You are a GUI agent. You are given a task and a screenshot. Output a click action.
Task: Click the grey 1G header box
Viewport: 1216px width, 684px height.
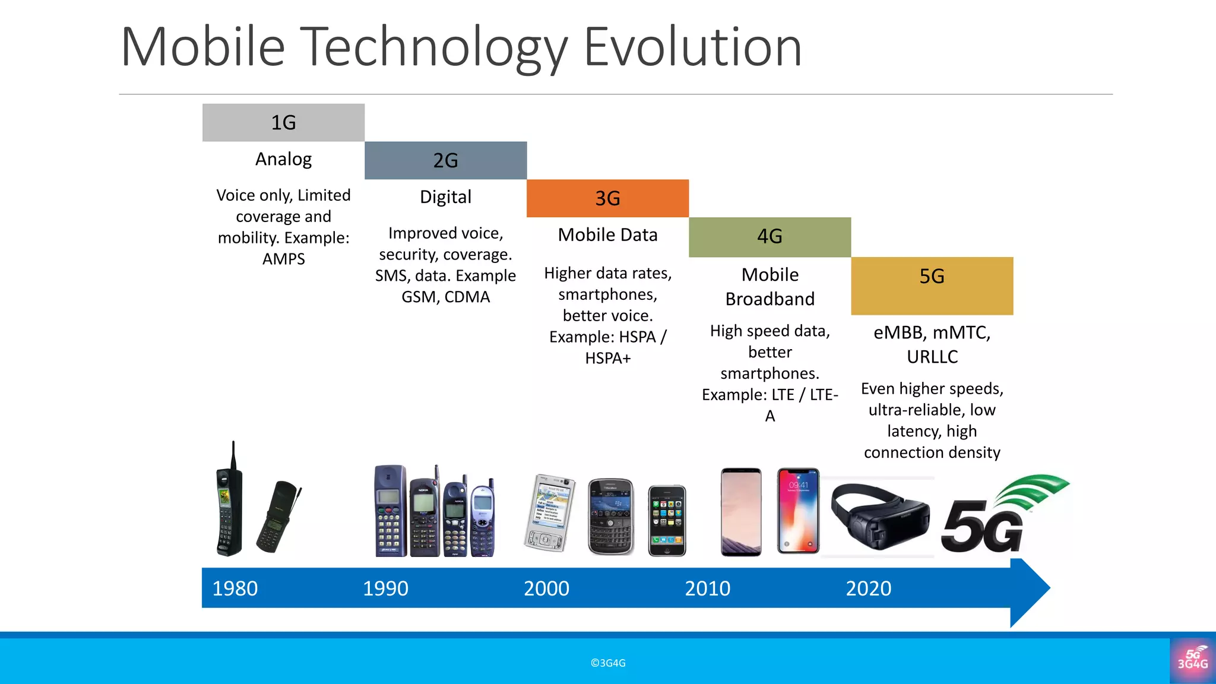tap(283, 122)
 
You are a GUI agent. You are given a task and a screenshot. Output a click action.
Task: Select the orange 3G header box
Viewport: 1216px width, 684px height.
tap(607, 198)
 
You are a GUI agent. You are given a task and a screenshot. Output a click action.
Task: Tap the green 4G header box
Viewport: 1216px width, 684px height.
tap(769, 236)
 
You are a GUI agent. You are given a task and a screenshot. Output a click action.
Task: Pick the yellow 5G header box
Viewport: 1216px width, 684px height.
tap(932, 285)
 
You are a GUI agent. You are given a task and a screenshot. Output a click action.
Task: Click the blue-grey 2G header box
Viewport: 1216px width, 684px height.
tap(445, 160)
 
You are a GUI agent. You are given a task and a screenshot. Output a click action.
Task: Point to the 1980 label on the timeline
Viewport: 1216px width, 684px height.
tap(235, 588)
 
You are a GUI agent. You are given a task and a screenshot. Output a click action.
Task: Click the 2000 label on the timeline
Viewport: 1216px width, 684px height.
tap(546, 588)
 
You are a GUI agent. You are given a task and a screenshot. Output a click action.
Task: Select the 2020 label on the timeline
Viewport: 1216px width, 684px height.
tap(868, 588)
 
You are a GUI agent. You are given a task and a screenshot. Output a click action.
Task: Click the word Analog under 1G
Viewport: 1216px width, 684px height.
tap(283, 159)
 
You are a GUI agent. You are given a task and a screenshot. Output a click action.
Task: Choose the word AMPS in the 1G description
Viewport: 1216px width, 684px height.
tap(283, 259)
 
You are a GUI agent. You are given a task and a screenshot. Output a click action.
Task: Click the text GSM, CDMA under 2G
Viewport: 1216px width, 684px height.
tap(445, 297)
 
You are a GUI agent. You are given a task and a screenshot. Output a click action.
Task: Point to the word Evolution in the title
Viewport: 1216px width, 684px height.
tap(692, 47)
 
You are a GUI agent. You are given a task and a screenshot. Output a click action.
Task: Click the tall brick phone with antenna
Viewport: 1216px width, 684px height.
tap(229, 505)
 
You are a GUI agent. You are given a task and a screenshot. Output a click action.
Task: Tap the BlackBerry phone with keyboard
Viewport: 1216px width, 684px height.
tap(610, 517)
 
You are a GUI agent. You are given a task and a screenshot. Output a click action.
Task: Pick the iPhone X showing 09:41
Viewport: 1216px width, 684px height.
tap(798, 511)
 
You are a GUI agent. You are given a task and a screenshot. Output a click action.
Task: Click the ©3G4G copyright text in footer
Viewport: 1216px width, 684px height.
tap(608, 663)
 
